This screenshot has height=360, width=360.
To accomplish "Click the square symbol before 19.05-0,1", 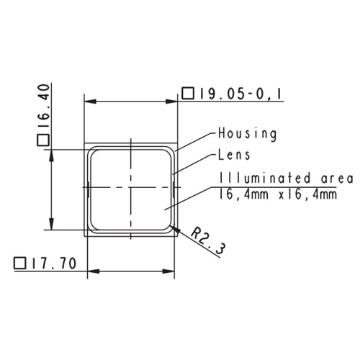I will [188, 93].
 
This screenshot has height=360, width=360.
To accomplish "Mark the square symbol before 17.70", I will [20, 264].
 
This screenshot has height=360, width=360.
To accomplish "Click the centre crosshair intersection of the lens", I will [131, 189].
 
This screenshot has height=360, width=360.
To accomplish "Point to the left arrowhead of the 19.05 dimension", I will [91, 102].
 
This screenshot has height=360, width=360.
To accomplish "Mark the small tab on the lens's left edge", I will [88, 190].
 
